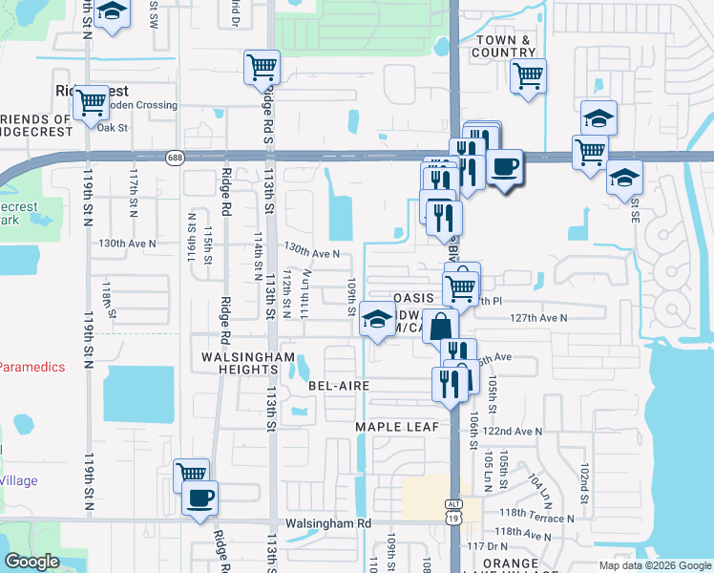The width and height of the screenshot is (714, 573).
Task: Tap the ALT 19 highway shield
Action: [x=453, y=512]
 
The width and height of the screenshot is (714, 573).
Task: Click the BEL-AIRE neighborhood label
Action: [x=339, y=385]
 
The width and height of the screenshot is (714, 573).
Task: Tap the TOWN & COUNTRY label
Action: [x=504, y=46]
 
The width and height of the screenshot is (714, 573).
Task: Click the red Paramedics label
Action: [x=32, y=367]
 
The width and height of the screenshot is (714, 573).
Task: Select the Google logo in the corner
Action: [x=32, y=562]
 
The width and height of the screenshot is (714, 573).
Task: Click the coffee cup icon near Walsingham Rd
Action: [x=199, y=499]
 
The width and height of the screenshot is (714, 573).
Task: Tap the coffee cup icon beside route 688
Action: [x=505, y=167]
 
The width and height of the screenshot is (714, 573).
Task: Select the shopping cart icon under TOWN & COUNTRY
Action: [x=527, y=74]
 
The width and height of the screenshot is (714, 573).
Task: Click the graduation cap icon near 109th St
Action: [x=378, y=321]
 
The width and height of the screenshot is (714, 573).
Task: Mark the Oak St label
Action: [x=112, y=126]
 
